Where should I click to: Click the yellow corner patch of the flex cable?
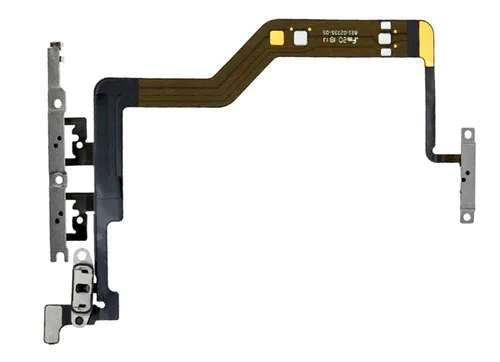425,45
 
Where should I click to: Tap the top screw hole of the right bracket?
466,134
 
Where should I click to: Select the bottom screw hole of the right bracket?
466,212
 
